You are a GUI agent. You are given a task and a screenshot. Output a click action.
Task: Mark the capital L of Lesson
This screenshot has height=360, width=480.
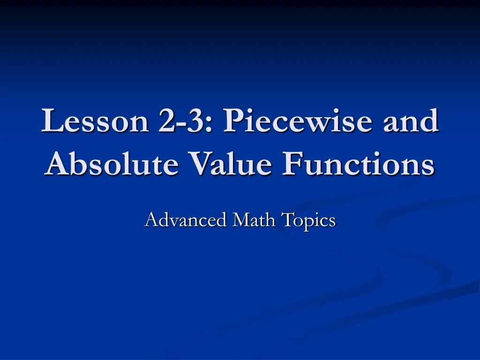point(51,121)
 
